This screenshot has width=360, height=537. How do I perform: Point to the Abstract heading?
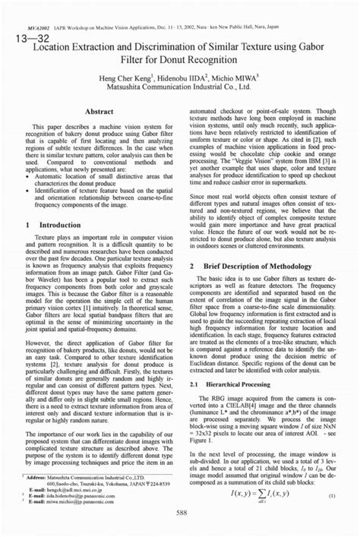pos(99,112)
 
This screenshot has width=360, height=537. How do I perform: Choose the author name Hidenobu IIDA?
pos(182,78)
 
